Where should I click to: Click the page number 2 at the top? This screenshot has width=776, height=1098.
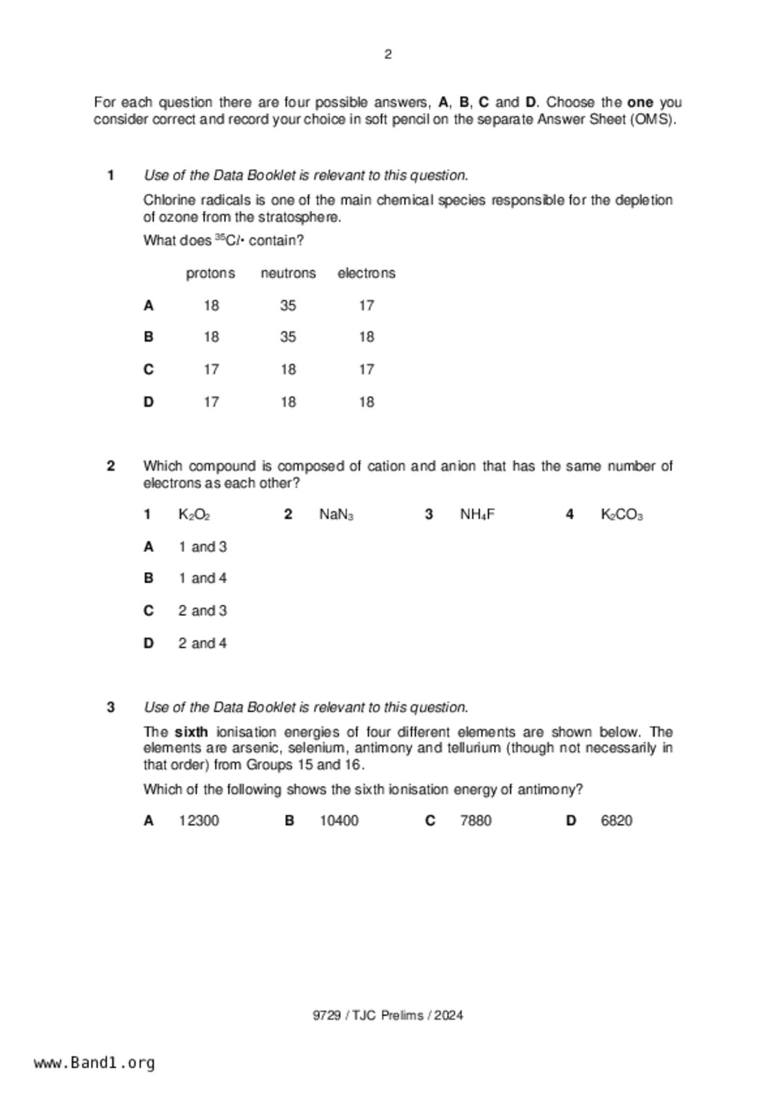(388, 54)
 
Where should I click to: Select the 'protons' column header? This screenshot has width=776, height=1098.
(210, 274)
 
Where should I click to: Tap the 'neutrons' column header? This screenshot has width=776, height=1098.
(288, 274)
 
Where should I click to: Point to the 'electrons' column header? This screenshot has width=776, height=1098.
(366, 274)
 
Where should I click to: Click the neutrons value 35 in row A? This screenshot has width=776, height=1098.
(288, 305)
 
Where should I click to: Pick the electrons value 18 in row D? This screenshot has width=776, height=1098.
(366, 402)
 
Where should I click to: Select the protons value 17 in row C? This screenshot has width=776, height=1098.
(211, 369)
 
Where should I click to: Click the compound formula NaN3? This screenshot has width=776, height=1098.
(336, 515)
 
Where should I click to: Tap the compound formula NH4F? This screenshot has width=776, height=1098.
(477, 515)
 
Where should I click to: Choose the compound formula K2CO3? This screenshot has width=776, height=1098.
(621, 515)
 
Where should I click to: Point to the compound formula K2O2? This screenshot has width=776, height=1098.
(194, 515)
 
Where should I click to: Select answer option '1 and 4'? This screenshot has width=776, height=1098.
(202, 578)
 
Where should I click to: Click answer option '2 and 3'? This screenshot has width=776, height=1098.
(202, 610)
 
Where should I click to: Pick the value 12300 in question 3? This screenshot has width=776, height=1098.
(199, 821)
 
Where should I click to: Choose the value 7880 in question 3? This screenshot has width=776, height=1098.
(475, 821)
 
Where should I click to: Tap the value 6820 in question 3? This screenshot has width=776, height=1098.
(616, 821)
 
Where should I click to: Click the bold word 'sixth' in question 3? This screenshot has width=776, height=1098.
(191, 732)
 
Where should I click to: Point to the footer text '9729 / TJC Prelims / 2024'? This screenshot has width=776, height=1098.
(388, 1015)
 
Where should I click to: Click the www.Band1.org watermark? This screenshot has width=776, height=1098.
(95, 1063)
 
